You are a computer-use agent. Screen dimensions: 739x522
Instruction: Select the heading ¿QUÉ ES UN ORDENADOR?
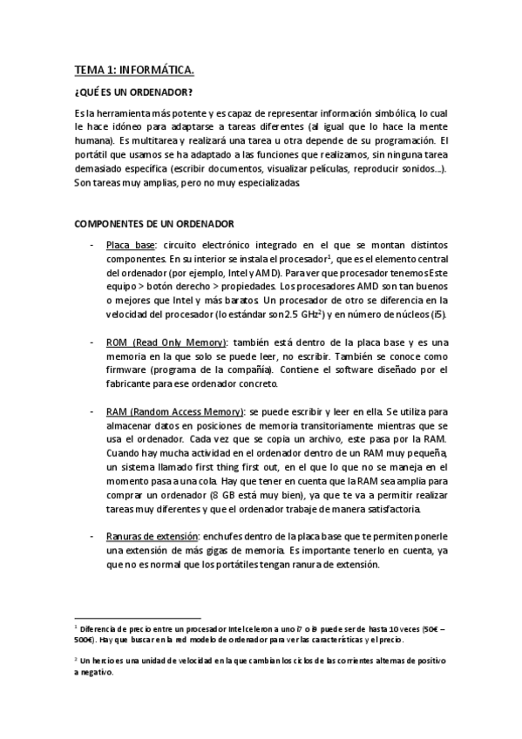[133, 92]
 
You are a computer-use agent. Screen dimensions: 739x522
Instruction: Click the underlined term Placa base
[131, 246]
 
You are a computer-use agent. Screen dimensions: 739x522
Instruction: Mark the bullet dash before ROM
[92, 342]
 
